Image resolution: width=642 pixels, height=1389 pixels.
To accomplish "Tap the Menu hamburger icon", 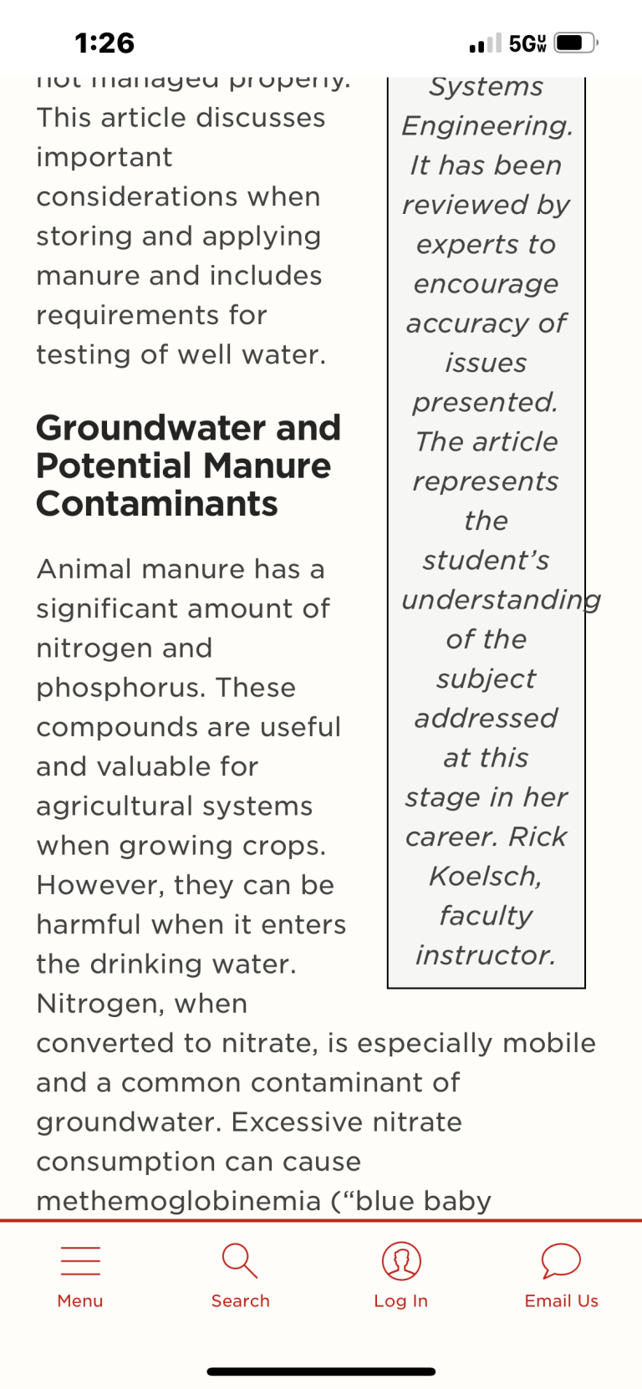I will [x=80, y=1260].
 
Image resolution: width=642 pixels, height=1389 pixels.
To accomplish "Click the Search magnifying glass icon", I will [x=240, y=1260].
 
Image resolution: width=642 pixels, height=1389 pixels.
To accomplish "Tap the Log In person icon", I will [x=401, y=1260].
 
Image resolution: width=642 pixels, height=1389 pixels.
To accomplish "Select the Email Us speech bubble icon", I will [x=561, y=1260].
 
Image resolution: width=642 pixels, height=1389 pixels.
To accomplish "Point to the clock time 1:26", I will [x=104, y=43].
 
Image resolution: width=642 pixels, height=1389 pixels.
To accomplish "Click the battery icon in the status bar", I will [x=575, y=43].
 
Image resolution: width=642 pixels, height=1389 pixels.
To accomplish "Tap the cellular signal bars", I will [x=485, y=43].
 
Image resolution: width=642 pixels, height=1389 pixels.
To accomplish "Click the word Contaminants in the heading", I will [x=157, y=504].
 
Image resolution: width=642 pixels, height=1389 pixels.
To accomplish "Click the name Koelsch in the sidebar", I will [x=485, y=876].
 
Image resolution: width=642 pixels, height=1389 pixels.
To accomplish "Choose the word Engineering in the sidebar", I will [x=487, y=125].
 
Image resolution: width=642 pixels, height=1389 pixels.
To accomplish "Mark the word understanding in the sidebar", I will [x=501, y=600].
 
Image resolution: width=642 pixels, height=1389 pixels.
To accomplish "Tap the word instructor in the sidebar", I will [x=485, y=954].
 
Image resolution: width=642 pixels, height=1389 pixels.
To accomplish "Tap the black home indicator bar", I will [x=321, y=1371].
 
